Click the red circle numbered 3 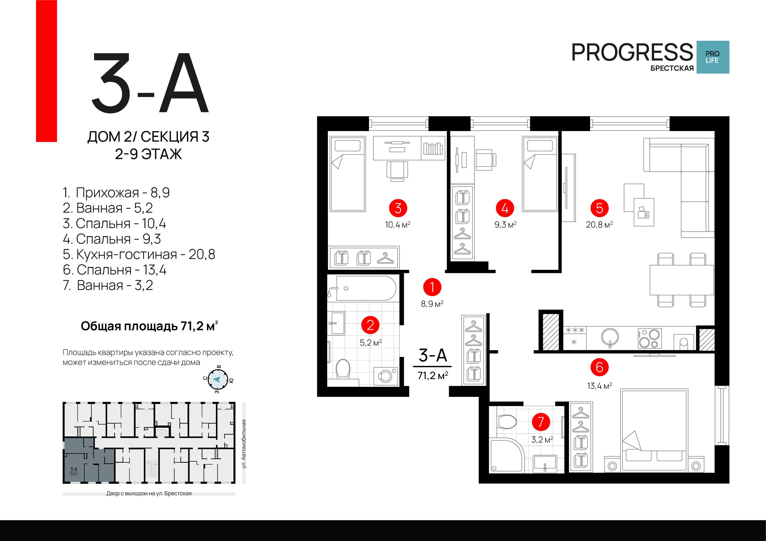[398, 208]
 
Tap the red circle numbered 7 [541, 422]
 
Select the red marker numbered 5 [599, 208]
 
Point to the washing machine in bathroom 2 [386, 376]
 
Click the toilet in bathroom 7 [506, 422]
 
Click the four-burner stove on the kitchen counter [649, 338]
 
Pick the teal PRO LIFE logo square [713, 57]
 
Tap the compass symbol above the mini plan [218, 379]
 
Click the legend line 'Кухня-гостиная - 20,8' [139, 254]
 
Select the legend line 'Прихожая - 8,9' [116, 192]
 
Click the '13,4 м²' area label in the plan [599, 386]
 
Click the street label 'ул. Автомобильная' [244, 444]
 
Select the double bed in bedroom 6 [654, 430]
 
